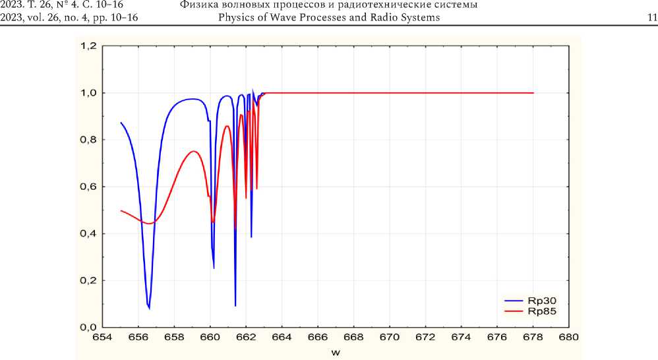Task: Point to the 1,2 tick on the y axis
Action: tap(88, 46)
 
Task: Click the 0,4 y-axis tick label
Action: tap(88, 233)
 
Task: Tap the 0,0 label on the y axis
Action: tap(88, 327)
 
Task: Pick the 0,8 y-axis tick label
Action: tap(88, 140)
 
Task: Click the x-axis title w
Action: tap(336, 352)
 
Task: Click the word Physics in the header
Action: tap(237, 17)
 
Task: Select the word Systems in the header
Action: tap(419, 17)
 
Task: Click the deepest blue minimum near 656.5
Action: tap(149, 308)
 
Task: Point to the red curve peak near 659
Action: tap(194, 151)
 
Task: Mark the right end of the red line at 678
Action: tap(533, 93)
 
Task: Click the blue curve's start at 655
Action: tap(121, 123)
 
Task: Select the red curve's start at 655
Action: tap(121, 210)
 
